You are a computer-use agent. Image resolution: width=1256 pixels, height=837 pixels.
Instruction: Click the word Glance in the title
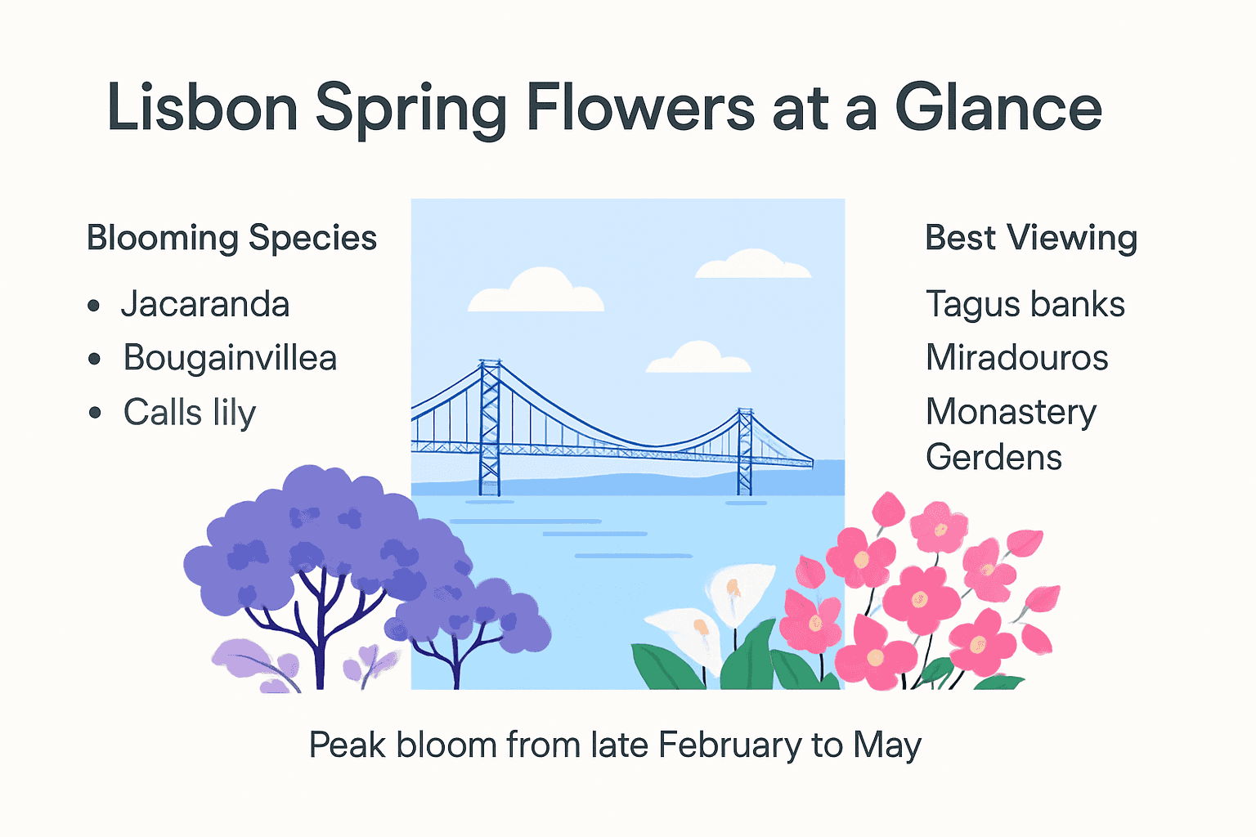998,108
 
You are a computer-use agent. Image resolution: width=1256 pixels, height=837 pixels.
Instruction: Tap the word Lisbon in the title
202,108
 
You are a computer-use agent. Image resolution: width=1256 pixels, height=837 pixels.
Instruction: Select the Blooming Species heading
231,238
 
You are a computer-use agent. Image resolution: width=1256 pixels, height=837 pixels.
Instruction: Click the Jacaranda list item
205,304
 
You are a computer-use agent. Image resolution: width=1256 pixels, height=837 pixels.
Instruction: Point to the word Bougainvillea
230,358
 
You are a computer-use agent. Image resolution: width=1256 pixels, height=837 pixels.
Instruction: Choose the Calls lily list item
190,412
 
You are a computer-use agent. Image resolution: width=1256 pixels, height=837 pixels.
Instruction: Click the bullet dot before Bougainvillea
95,359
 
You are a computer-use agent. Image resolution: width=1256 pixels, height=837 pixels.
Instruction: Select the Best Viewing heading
1030,238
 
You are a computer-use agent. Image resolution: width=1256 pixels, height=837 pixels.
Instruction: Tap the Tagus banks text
1025,304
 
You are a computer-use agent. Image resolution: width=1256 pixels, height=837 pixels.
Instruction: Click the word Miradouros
1016,358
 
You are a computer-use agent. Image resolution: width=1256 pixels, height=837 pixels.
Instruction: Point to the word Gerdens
994,457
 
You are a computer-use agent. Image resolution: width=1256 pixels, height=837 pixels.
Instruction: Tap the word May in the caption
887,745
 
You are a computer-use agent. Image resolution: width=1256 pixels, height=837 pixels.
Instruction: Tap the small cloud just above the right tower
698,358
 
